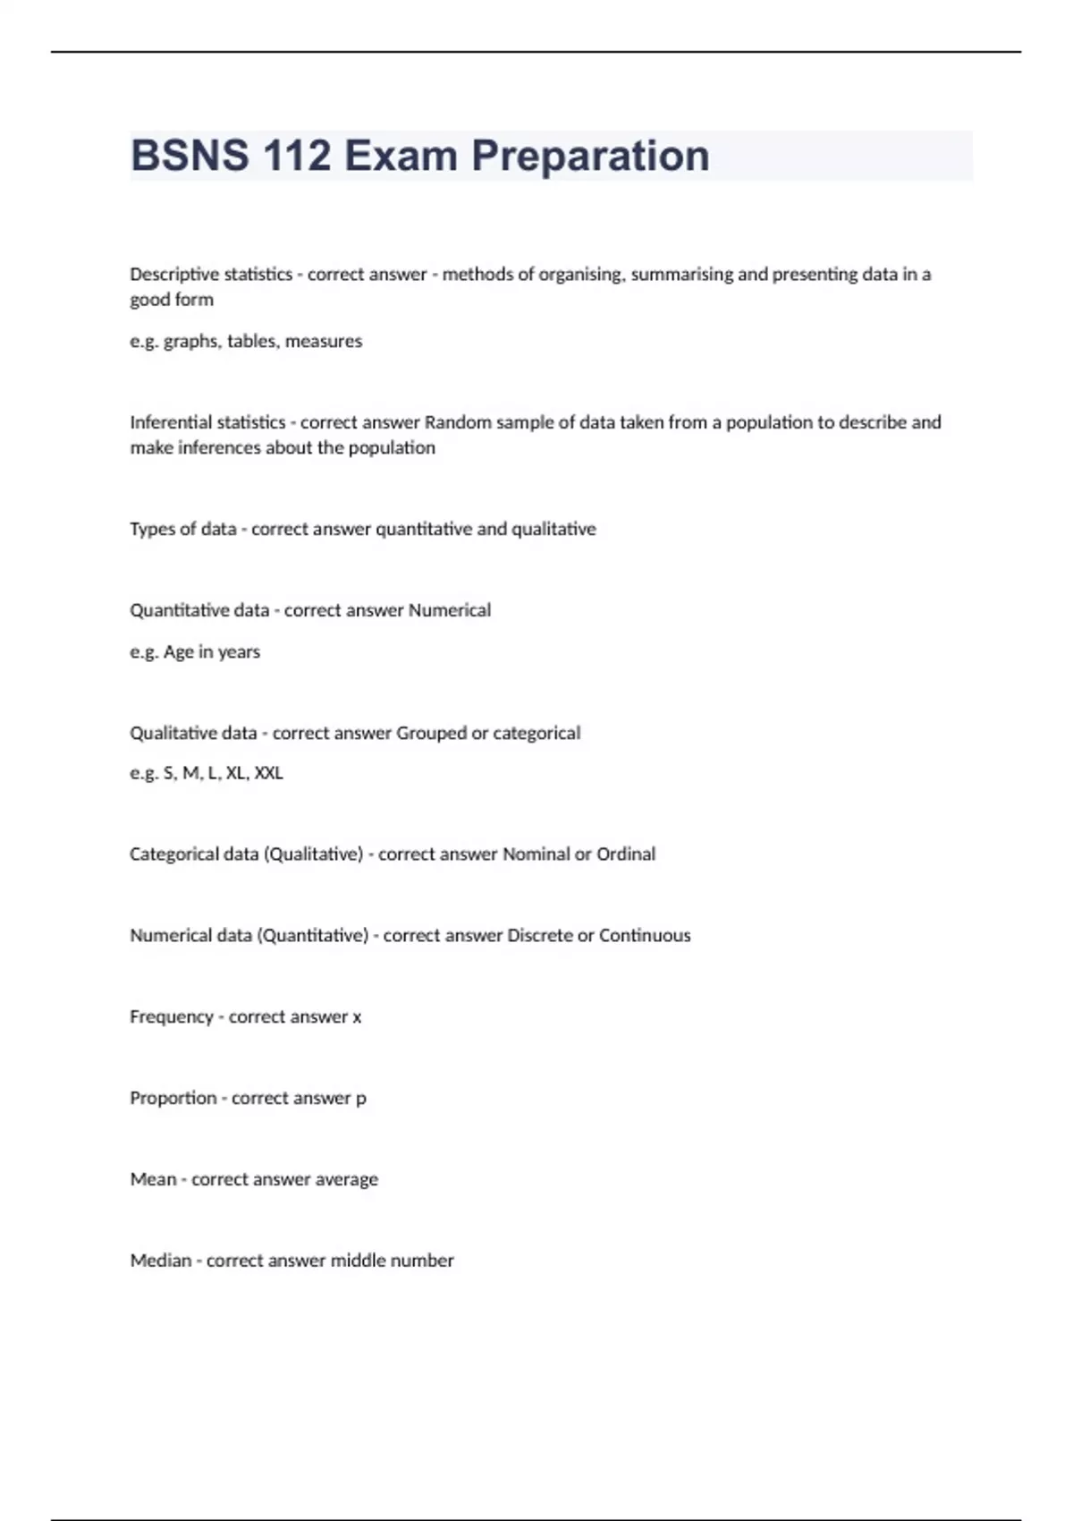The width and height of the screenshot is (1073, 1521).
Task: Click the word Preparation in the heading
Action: (590, 156)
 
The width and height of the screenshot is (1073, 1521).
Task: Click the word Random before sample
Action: (457, 422)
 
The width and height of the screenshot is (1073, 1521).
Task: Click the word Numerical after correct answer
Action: (449, 610)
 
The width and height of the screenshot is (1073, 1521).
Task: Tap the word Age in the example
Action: (178, 652)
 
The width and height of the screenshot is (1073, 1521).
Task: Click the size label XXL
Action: (268, 773)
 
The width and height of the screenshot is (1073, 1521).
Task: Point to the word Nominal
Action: (536, 854)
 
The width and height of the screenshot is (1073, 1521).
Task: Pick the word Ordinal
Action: (626, 854)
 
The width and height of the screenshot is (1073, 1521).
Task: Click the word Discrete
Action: (539, 936)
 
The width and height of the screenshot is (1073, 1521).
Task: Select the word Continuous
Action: (645, 936)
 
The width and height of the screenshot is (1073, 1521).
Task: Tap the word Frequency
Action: (172, 1017)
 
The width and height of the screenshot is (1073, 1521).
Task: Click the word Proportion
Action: (173, 1098)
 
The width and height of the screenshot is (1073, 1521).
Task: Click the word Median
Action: (161, 1261)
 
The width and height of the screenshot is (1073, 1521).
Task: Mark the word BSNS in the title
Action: (190, 156)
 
